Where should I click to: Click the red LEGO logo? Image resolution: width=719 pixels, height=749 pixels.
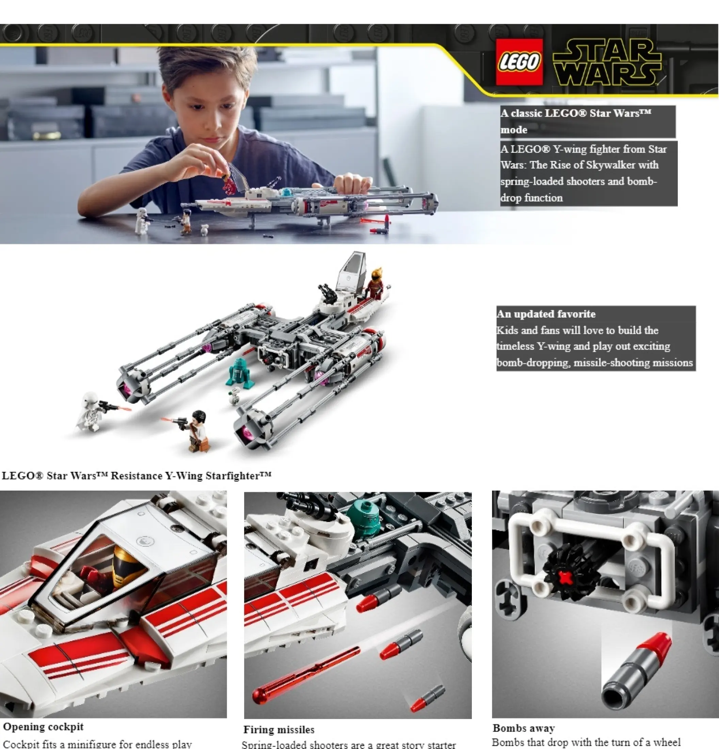(519, 62)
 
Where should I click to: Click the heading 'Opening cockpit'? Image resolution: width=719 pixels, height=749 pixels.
(43, 727)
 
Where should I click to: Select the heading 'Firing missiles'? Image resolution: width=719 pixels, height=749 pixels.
(279, 730)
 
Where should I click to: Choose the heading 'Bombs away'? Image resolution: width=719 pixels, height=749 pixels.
(523, 728)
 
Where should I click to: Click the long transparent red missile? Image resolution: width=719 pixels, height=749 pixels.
(306, 673)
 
